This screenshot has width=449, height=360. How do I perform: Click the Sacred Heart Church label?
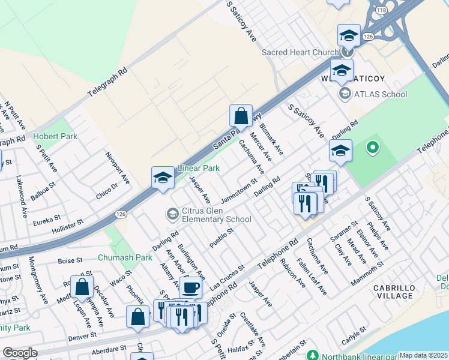point(300,52)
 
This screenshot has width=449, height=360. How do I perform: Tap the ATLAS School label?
point(380,94)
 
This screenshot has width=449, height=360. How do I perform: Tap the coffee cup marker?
point(190,287)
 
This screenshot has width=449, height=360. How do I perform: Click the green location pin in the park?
point(372,146)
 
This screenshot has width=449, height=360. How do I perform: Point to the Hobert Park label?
point(55,136)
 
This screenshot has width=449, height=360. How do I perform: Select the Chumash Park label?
point(125,257)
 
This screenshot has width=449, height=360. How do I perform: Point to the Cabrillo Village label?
point(394,292)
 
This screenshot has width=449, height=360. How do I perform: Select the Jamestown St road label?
point(238,193)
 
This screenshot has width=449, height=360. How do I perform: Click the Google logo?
point(20,353)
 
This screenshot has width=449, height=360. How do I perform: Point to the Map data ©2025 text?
point(423,355)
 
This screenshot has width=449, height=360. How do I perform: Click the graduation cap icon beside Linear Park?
point(163,178)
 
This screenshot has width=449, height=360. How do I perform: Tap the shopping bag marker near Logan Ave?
point(82,288)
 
